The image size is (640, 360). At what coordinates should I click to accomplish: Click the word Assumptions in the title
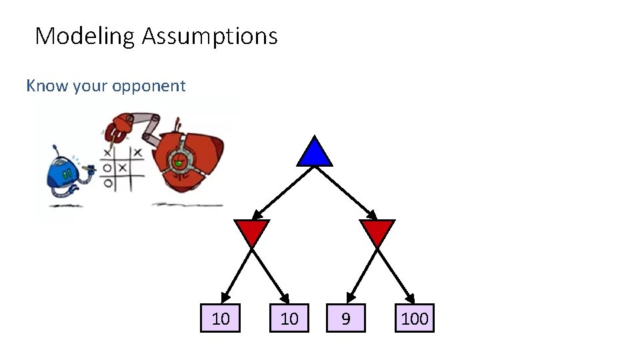(x=210, y=36)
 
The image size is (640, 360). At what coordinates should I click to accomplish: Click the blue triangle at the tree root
(x=315, y=153)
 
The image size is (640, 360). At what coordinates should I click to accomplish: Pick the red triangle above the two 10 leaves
(x=252, y=232)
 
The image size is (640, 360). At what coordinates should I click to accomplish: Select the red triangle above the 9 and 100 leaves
(x=377, y=232)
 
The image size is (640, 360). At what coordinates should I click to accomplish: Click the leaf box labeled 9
(x=345, y=319)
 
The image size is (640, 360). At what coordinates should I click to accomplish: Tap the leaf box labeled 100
(x=415, y=319)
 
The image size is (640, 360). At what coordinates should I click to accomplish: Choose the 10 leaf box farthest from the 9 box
(x=220, y=319)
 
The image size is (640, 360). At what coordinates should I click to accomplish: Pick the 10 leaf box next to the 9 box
(x=289, y=319)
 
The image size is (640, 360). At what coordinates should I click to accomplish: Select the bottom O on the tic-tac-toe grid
(x=107, y=181)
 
